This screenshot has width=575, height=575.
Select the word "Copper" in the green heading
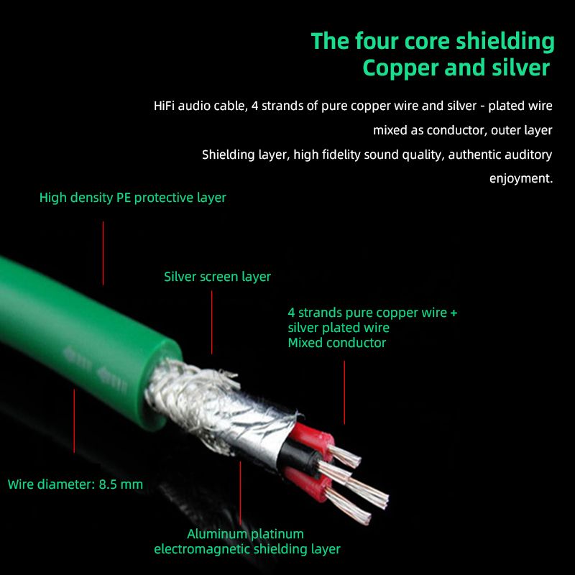(401, 68)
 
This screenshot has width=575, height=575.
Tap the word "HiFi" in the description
(164, 106)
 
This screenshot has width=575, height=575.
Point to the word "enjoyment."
(520, 178)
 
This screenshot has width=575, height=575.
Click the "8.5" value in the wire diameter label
(108, 484)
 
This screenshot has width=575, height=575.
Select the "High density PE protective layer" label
(133, 198)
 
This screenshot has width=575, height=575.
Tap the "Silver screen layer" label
(217, 277)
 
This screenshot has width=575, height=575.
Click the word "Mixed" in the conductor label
(305, 343)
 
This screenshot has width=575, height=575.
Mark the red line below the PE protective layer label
(103, 253)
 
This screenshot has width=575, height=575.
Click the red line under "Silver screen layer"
(211, 322)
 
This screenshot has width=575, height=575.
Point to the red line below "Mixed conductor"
(344, 392)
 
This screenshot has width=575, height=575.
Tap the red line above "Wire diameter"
(74, 421)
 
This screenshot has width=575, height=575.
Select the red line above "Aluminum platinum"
(241, 493)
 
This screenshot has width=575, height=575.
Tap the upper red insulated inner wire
(315, 437)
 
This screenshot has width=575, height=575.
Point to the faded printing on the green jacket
(95, 369)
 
